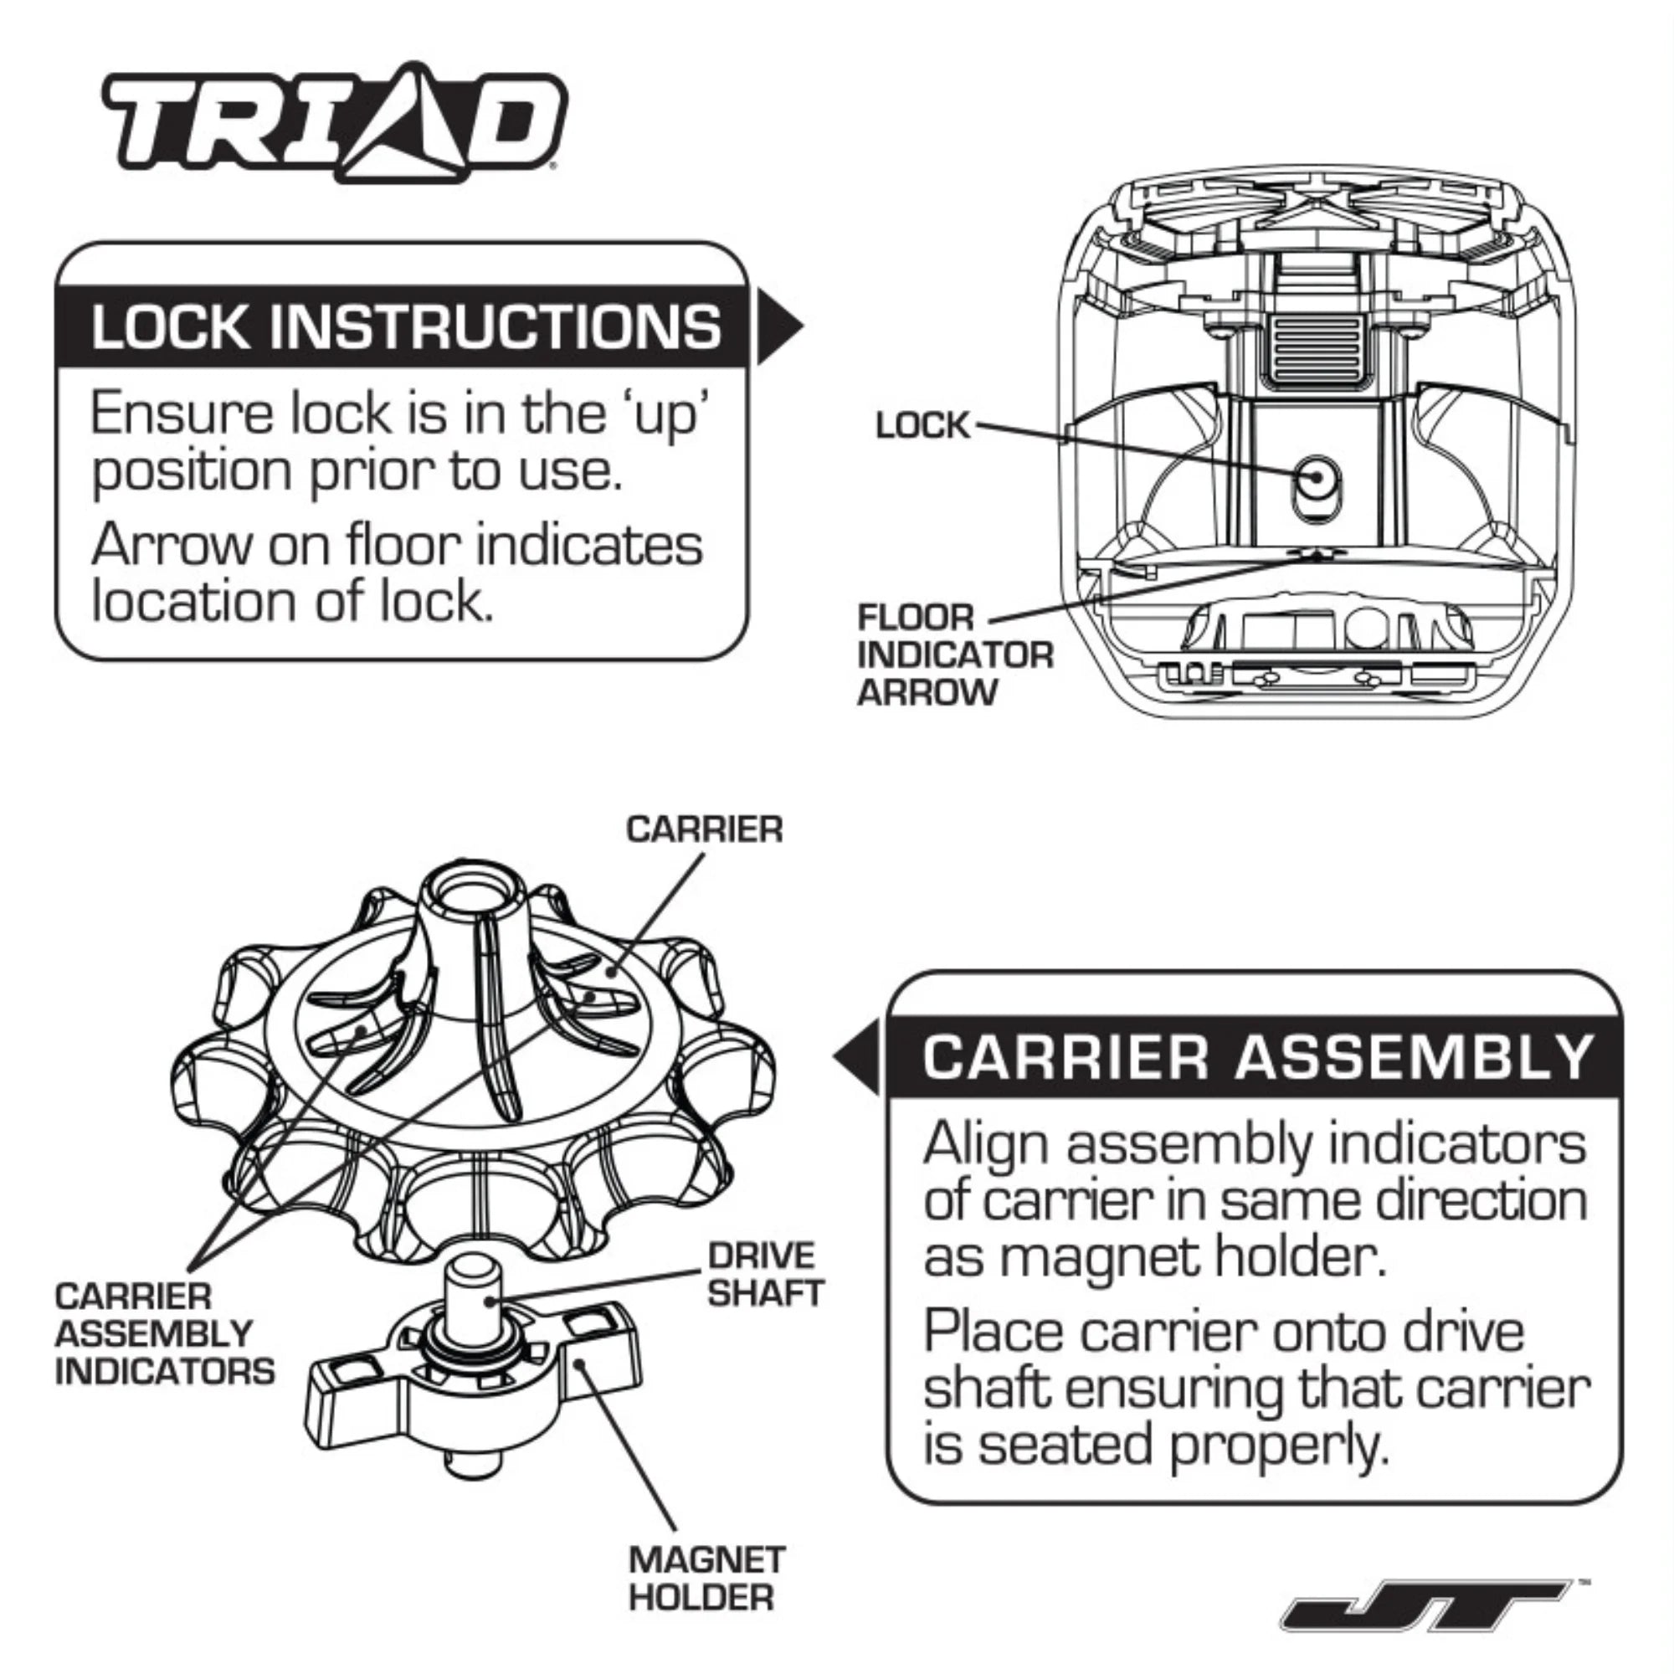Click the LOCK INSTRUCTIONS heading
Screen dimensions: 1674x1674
coord(405,327)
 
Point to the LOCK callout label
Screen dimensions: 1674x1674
coord(922,425)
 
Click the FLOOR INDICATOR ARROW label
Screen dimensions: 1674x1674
coord(953,655)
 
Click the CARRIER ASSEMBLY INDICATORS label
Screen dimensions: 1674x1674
coord(163,1333)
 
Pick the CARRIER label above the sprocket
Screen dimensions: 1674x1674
coord(704,829)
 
